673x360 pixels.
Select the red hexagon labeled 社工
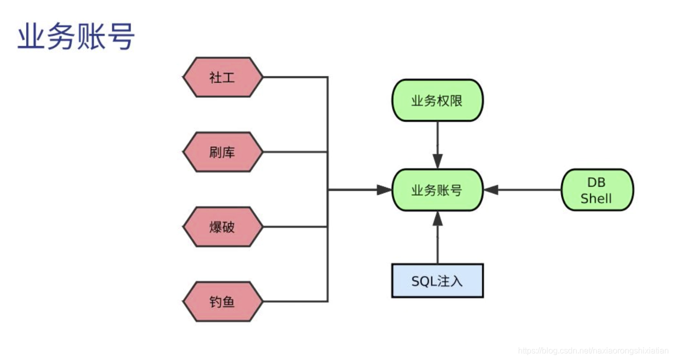[x=222, y=77]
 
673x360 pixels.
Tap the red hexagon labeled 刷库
[x=222, y=152]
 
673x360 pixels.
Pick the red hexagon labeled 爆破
[x=222, y=227]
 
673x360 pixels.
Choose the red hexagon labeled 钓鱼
[x=222, y=302]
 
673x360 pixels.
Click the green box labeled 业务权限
[x=437, y=100]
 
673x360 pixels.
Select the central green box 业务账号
[x=437, y=190]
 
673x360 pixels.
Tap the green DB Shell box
[x=596, y=190]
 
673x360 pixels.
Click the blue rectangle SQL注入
[x=437, y=281]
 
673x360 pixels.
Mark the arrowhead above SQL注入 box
[x=437, y=218]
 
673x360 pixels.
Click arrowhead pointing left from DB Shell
[x=491, y=190]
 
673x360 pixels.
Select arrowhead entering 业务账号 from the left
[x=384, y=190]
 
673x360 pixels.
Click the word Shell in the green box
[x=596, y=198]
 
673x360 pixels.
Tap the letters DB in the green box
[x=596, y=182]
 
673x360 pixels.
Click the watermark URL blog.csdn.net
[x=592, y=351]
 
